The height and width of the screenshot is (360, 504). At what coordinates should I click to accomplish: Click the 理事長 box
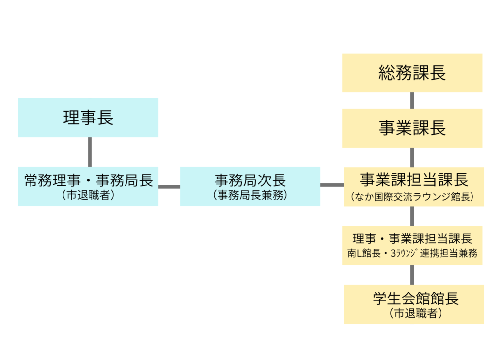88,118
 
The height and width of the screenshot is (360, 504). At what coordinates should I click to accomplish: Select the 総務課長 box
412,73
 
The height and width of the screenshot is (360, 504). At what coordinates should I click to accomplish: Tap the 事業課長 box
412,128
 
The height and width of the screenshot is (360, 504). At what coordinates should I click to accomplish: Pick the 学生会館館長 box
413,304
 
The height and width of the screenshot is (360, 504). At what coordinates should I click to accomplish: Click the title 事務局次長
250,180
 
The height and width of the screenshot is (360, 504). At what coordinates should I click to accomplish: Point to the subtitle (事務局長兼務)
250,195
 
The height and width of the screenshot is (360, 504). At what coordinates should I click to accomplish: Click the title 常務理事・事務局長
88,180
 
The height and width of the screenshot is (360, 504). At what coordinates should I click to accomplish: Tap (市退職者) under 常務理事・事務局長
88,195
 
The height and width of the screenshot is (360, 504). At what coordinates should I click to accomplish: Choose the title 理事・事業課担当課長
412,239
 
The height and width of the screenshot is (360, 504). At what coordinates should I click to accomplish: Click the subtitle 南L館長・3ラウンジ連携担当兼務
412,254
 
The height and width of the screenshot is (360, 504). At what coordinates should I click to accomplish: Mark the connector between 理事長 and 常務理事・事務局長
90,152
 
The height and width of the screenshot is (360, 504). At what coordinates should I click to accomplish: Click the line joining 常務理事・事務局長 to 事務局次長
169,186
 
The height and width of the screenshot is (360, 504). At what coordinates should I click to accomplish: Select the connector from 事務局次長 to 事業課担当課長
332,185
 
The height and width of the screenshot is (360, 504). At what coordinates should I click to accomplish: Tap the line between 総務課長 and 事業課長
412,100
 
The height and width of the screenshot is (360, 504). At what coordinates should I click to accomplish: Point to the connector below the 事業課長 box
412,157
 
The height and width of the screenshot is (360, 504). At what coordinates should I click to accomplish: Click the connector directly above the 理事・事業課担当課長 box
412,216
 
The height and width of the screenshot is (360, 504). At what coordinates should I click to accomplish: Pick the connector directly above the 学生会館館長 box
412,275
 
